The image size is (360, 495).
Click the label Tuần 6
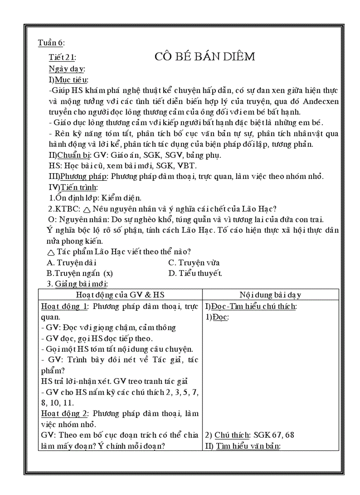click(51, 43)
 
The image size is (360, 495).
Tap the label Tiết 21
click(62, 57)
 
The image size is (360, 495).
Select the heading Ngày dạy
click(67, 69)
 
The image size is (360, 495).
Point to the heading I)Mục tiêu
click(68, 80)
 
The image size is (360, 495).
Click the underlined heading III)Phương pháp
click(78, 176)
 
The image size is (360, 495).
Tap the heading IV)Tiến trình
click(73, 187)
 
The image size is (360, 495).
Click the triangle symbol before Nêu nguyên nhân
click(86, 209)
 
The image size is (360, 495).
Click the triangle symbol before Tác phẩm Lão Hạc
click(51, 252)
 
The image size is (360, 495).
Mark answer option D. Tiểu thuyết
click(195, 273)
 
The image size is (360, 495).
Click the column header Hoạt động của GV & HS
click(120, 295)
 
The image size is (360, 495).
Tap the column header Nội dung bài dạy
click(270, 295)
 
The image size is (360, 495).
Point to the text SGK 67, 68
click(274, 435)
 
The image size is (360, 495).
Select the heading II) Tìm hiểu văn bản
click(242, 446)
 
